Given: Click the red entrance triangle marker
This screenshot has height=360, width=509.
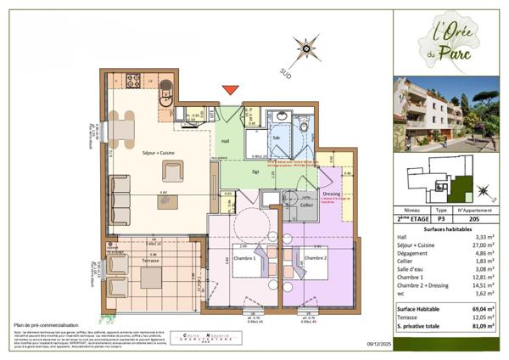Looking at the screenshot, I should coord(230,90).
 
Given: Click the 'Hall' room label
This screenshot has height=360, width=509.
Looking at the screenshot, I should coord(225,141).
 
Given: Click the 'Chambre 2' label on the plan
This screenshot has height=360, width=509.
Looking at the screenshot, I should coord(316,258).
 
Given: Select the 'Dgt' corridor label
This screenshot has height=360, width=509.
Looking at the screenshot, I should coord(255,172).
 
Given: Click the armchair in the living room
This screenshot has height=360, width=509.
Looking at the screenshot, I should coord(173,172).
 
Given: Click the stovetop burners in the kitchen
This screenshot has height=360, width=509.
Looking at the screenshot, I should coord(133,82).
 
